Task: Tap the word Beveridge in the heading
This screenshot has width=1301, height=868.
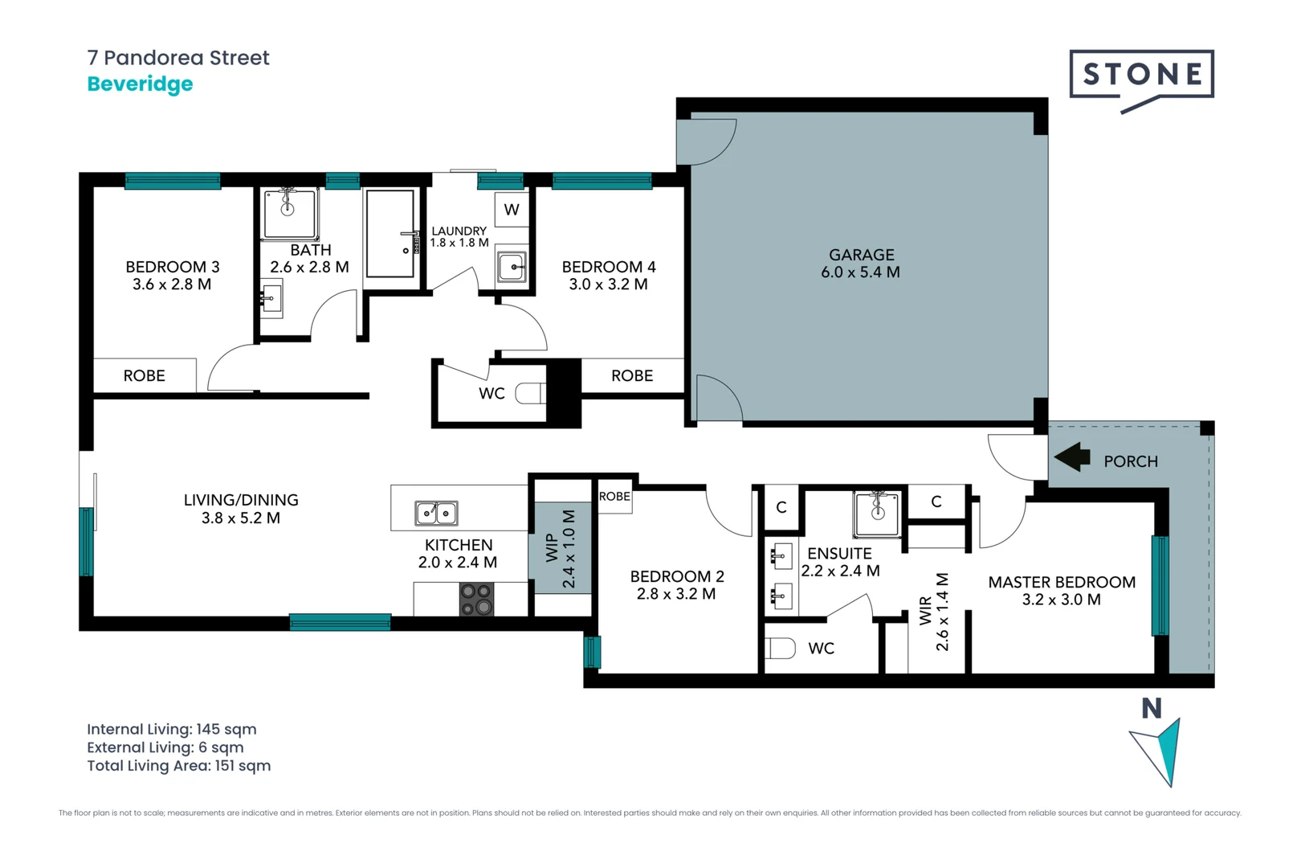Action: point(140,84)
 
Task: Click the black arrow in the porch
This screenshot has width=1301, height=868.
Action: point(1072,458)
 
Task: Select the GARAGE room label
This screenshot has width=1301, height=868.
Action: point(861,255)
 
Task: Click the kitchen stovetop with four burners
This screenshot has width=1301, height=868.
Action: point(476,600)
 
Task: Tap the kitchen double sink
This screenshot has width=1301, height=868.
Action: point(436,513)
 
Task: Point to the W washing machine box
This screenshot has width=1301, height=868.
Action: point(512,210)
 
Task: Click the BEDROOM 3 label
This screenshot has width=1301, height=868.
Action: point(172,267)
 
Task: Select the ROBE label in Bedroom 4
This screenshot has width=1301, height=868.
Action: point(632,376)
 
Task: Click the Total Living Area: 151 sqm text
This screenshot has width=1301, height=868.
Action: point(178,766)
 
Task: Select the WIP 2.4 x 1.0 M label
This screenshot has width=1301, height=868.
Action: point(561,548)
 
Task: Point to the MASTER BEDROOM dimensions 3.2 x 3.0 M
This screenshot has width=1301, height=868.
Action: point(1061,600)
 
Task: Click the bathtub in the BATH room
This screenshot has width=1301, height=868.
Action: point(390,233)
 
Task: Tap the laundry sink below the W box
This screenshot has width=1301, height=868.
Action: point(512,266)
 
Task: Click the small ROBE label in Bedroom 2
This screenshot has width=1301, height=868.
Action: point(614,497)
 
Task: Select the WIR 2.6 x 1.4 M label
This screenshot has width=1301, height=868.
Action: point(934,612)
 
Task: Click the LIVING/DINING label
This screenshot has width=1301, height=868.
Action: point(241,500)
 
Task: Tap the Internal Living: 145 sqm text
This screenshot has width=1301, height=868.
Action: point(171,730)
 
